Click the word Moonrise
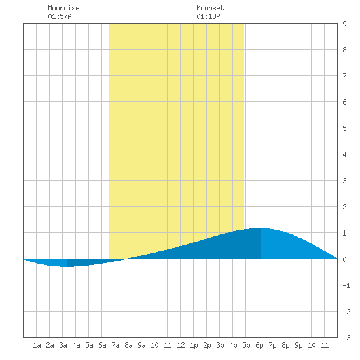63,8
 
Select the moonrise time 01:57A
60,16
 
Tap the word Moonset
210,8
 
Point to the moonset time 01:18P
208,16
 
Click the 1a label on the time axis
37,345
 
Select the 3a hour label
63,345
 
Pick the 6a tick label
102,345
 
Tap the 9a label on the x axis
141,345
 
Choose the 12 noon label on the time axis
181,345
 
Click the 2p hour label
207,345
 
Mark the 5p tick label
246,345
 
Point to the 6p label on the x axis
259,345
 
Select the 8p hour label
285,345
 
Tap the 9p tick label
298,345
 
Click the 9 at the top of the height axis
344,24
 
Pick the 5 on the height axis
344,128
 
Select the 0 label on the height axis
344,259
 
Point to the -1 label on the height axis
346,285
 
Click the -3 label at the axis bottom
346,338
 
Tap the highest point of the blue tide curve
259,228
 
